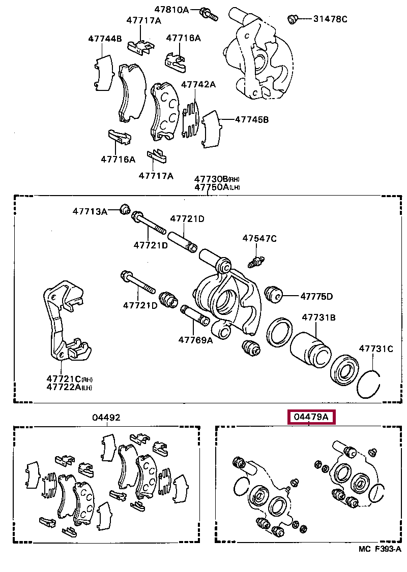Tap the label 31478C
tap(330, 19)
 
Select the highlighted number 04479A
tap(311, 418)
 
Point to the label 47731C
tap(376, 348)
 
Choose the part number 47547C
tap(259, 238)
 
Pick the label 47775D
tap(316, 296)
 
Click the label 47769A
tap(195, 340)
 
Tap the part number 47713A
tap(90, 211)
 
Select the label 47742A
tap(198, 84)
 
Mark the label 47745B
tap(252, 120)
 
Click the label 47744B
tap(105, 38)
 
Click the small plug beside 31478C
tap(293, 19)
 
